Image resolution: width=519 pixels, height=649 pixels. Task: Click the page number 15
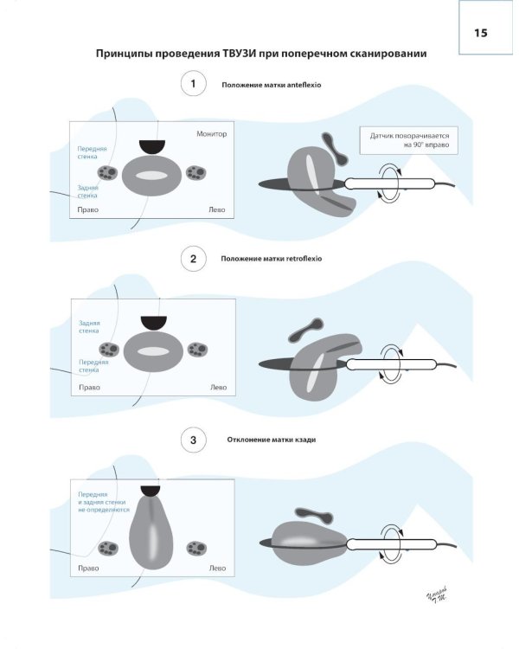pos(481,33)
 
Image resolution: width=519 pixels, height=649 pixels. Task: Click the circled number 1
pos(193,85)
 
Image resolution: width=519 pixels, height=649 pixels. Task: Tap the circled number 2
pos(193,259)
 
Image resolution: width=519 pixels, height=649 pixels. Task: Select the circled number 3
pos(193,440)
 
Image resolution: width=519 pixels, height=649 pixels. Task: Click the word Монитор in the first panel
pos(211,133)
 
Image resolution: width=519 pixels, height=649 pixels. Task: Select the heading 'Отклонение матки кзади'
pos(263,440)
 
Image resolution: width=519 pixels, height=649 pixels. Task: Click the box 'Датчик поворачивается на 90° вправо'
pos(409,141)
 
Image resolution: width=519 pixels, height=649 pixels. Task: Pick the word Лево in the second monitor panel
pos(218,388)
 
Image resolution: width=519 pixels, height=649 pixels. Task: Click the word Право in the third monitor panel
pos(88,569)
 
